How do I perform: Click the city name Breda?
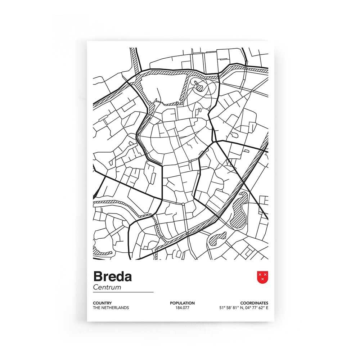coord(112,277)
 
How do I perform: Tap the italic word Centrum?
coord(107,288)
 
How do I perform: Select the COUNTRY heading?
coord(102,303)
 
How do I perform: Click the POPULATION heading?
coord(182,303)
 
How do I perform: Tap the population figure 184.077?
coord(182,308)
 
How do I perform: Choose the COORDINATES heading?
coord(255,303)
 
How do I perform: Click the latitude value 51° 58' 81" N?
coord(231,308)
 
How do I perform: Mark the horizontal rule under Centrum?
coord(123,292)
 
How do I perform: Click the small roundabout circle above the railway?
coord(184,204)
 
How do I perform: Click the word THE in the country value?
coord(96,308)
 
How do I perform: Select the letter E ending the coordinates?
coord(267,308)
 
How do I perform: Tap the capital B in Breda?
coord(98,277)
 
